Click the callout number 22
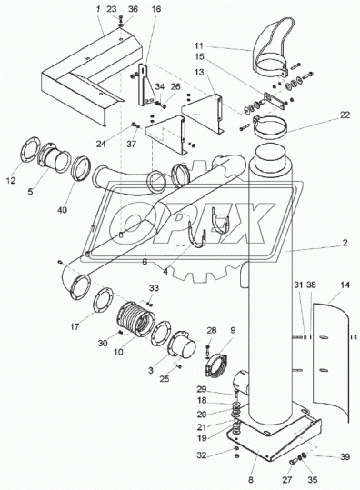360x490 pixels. [x=345, y=115]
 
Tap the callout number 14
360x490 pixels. [x=345, y=285]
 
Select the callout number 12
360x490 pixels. [x=11, y=180]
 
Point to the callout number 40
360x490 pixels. [x=62, y=210]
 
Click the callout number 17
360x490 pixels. [x=75, y=327]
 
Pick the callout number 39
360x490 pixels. [x=345, y=456]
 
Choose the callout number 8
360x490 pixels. [x=251, y=479]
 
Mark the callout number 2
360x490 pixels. [x=345, y=243]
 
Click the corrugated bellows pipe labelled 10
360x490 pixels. [x=136, y=319]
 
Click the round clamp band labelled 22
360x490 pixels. [x=269, y=126]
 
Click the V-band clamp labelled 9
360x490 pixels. [x=215, y=365]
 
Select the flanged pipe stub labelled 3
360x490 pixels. [x=182, y=348]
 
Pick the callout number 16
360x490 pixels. [x=156, y=9]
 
